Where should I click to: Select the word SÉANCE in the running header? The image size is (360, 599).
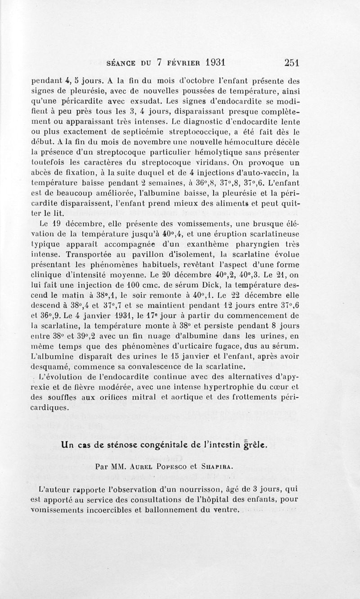tap(120, 63)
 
